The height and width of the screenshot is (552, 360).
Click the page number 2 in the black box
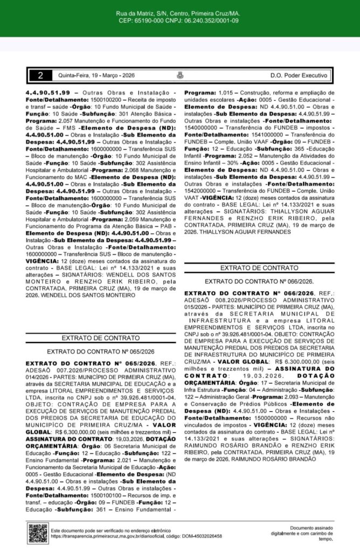(x=40, y=76)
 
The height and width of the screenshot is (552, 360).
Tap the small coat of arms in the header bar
(x=179, y=76)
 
